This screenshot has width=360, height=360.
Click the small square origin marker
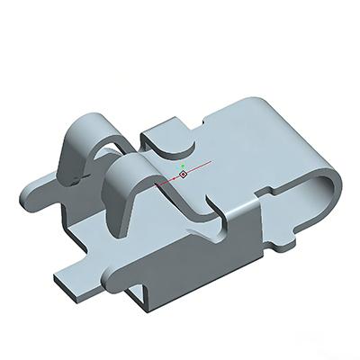coord(184,174)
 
